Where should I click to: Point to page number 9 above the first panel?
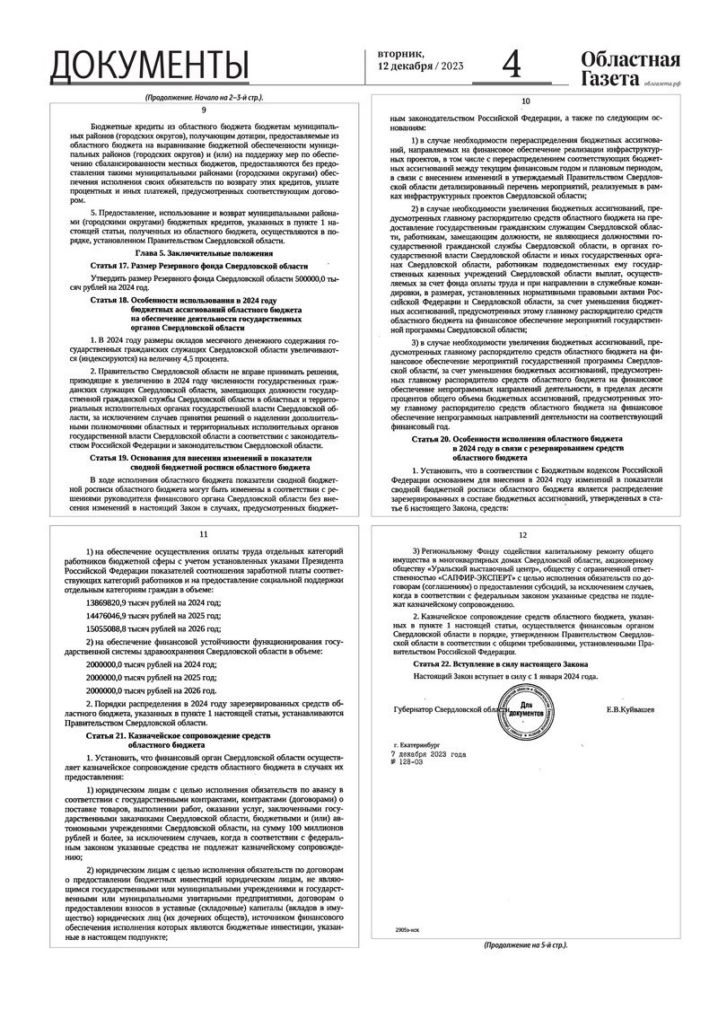[204, 109]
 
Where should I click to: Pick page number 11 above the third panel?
[204, 534]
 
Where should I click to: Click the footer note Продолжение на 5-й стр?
[525, 945]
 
